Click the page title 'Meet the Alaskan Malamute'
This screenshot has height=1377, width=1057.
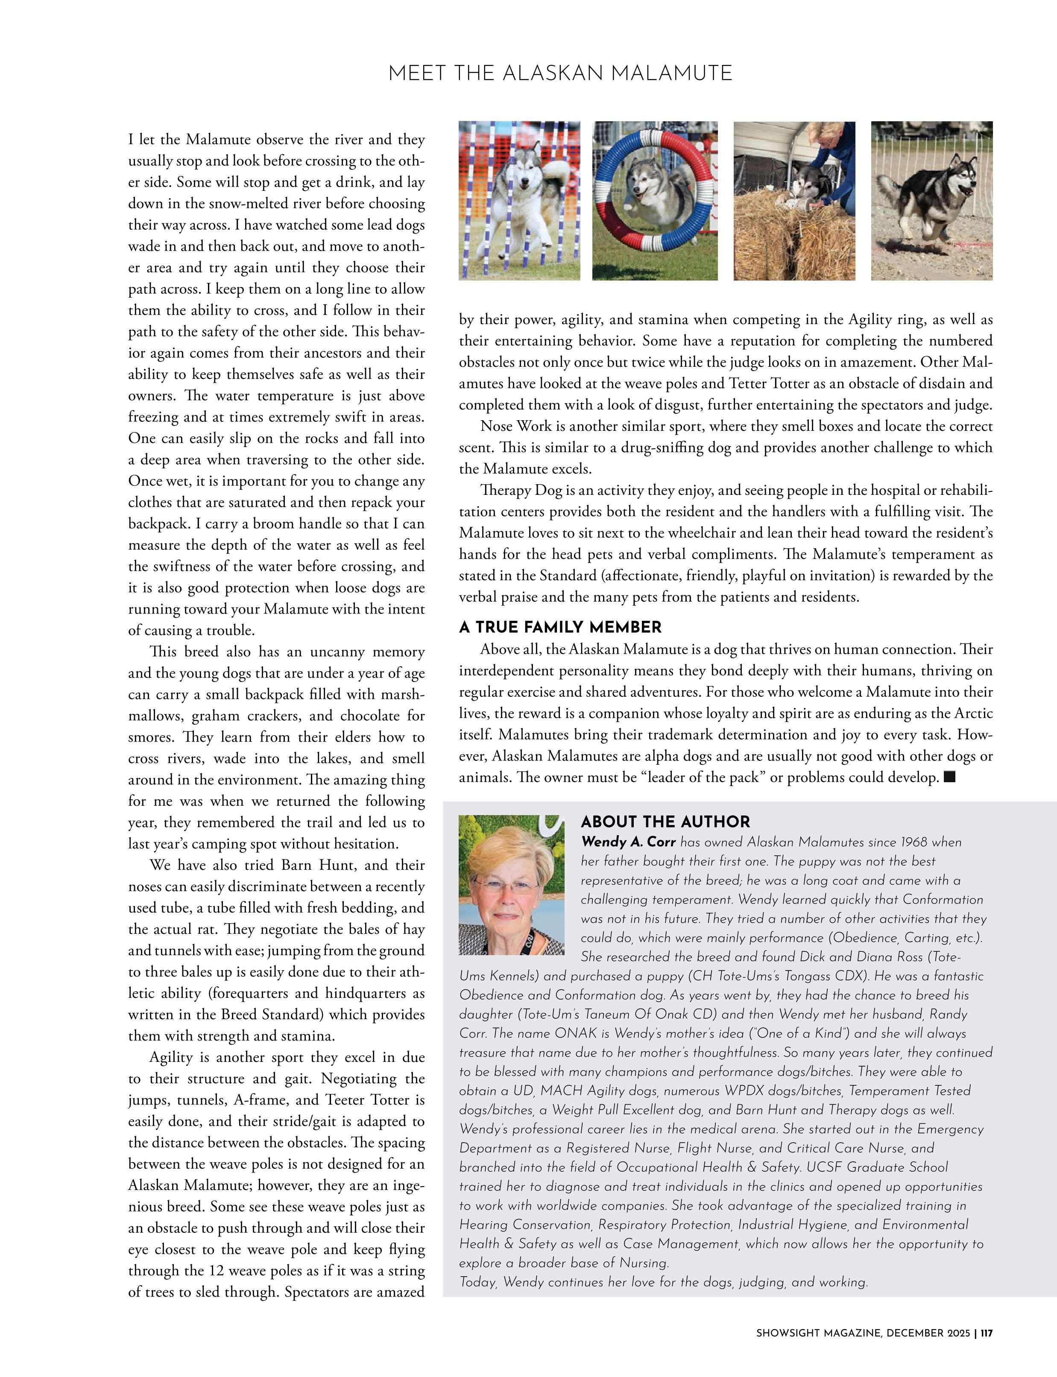560,73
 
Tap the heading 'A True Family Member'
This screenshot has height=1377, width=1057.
560,627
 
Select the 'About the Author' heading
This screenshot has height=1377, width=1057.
665,822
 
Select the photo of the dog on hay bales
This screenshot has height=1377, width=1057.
794,201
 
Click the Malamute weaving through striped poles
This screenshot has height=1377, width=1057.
519,201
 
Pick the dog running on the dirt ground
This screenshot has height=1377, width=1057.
931,201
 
